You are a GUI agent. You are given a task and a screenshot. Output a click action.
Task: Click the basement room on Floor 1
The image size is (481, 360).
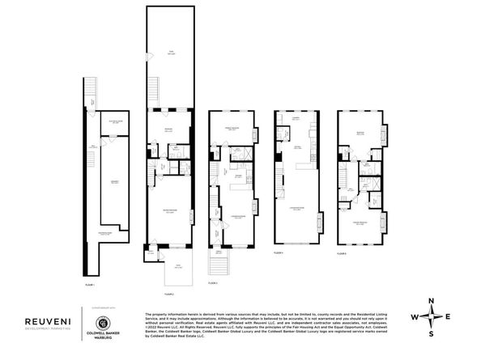[x=114, y=184]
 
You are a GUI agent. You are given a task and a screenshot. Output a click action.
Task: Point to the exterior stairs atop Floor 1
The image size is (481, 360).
[x=88, y=88]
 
